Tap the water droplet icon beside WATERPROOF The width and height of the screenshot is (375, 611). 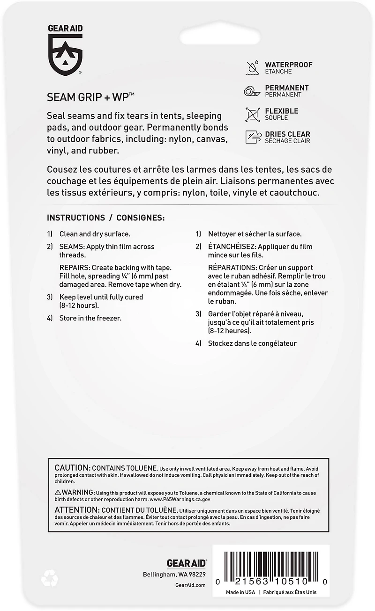pyautogui.click(x=253, y=68)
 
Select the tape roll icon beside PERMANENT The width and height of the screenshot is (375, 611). pyautogui.click(x=253, y=91)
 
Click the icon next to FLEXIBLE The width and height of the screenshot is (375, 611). pyautogui.click(x=253, y=114)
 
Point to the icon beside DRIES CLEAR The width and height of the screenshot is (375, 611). pyautogui.click(x=253, y=137)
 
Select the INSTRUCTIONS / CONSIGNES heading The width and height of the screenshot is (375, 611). pyautogui.click(x=106, y=218)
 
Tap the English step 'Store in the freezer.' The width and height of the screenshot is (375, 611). pyautogui.click(x=90, y=318)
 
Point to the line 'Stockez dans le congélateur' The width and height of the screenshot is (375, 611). pyautogui.click(x=252, y=343)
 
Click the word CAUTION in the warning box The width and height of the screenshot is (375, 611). pyautogui.click(x=72, y=468)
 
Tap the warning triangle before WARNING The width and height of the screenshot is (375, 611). pyautogui.click(x=58, y=493)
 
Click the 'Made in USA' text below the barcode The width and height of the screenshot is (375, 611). pyautogui.click(x=240, y=592)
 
